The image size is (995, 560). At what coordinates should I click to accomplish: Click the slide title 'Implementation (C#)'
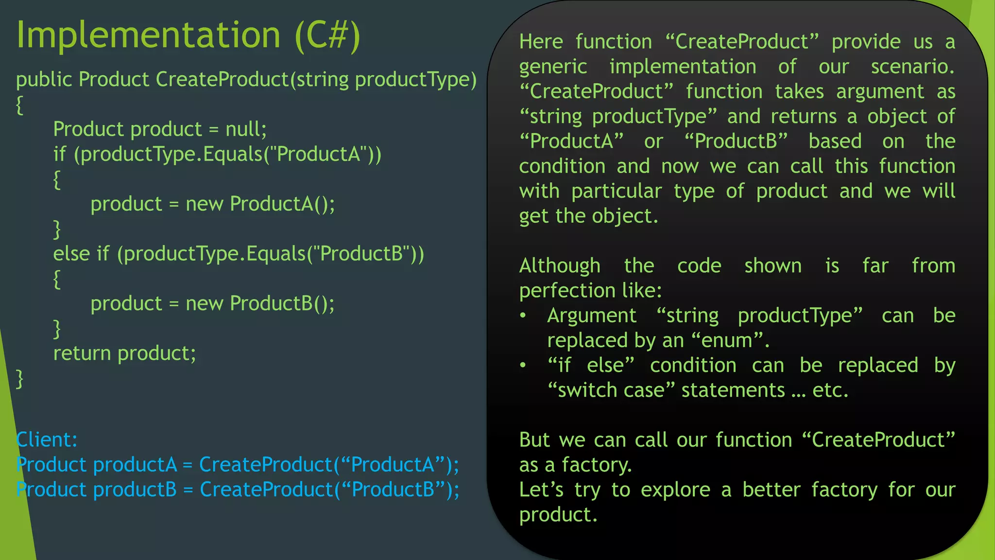click(188, 35)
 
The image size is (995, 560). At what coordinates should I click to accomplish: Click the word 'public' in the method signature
click(44, 80)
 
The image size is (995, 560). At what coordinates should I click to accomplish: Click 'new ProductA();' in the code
click(260, 204)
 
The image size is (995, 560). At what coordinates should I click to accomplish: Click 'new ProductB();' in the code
click(260, 303)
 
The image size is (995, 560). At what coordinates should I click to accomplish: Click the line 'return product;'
click(124, 353)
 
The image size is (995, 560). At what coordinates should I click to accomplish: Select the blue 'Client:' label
click(47, 439)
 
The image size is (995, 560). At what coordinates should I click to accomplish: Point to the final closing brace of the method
click(19, 379)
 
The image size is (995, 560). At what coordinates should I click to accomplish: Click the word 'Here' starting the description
click(541, 42)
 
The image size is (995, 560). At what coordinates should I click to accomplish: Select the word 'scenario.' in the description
click(912, 67)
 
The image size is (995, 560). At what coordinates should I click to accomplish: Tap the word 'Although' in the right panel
click(560, 266)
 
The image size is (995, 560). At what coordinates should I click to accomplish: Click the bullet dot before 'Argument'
click(523, 315)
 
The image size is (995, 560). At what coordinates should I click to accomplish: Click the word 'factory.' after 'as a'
click(597, 465)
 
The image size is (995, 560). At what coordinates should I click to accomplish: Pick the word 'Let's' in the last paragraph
click(541, 490)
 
